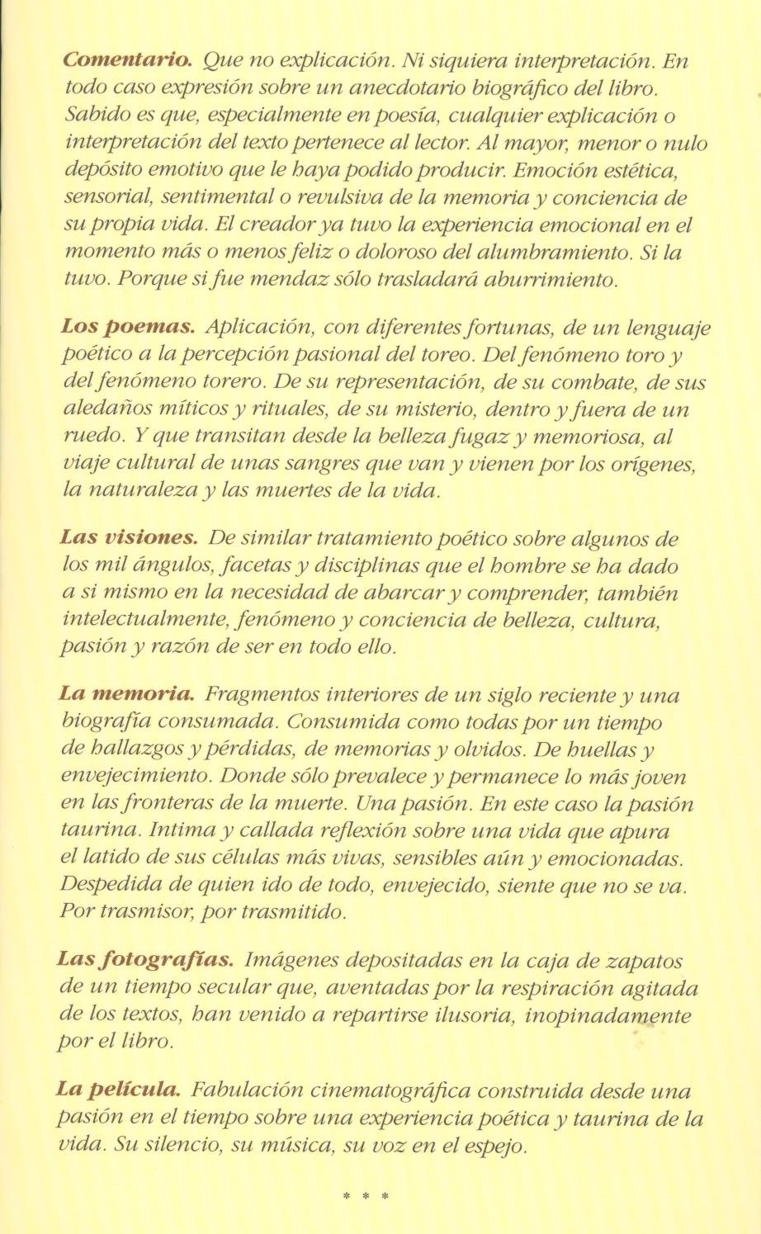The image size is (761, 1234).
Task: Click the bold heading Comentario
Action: pos(128,61)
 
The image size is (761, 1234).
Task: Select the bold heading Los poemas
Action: pos(127,329)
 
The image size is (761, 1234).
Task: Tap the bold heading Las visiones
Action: pos(129,539)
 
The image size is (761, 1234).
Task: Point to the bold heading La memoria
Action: pos(127,695)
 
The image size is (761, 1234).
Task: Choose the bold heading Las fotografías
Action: pos(146,961)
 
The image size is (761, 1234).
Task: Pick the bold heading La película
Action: pos(119,1090)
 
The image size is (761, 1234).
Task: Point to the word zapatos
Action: pos(645,961)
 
